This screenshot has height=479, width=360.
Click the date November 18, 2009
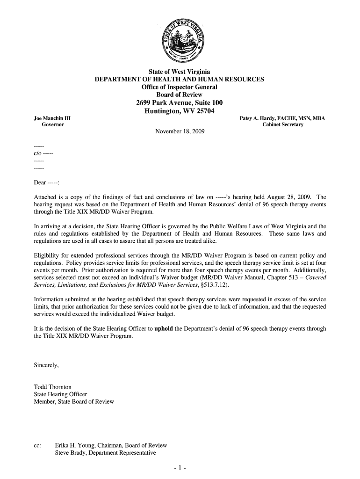coord(180,131)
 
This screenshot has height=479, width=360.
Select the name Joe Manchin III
coord(46,118)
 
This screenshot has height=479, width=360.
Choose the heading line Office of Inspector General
coord(180,87)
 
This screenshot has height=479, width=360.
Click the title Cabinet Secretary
coord(282,125)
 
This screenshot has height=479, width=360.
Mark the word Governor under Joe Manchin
coord(53,125)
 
